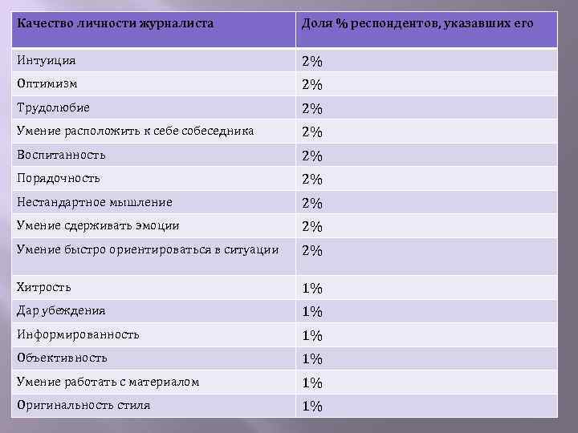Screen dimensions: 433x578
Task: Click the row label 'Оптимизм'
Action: (49, 83)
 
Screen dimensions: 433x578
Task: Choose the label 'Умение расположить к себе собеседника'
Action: (135, 131)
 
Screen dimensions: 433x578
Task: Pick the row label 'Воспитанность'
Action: (61, 155)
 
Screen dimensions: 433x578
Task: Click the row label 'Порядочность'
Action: (58, 178)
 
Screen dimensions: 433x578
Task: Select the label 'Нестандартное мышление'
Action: (94, 202)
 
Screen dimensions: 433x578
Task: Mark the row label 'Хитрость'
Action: (44, 286)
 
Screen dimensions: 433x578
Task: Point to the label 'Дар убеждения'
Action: (61, 310)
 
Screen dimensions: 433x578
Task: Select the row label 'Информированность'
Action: (78, 334)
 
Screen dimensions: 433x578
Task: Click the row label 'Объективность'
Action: (62, 357)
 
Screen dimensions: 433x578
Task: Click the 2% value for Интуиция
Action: (312, 62)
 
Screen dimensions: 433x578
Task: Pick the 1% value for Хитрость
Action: (312, 288)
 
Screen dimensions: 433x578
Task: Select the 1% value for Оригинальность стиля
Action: (312, 407)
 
